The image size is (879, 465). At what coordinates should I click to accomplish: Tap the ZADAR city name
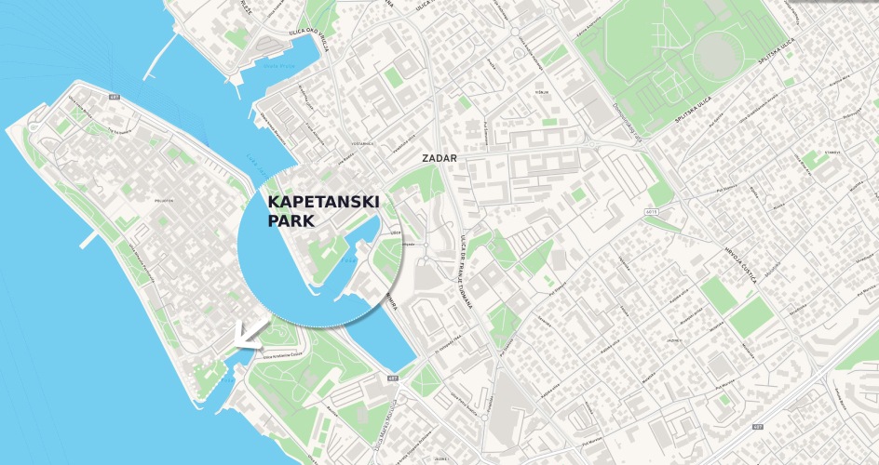coord(439,158)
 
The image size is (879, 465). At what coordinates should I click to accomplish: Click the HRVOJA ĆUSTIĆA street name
coord(739,264)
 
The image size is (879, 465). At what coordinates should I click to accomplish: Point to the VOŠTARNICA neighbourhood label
coord(362,144)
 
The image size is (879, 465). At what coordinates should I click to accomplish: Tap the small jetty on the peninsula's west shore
coord(88,240)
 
